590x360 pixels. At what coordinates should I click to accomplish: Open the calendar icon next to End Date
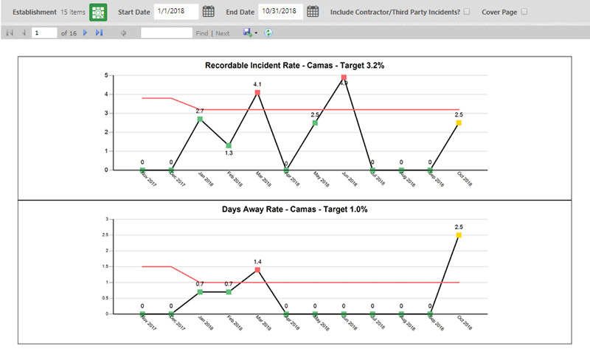[x=313, y=12]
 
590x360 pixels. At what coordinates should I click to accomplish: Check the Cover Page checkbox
[x=524, y=12]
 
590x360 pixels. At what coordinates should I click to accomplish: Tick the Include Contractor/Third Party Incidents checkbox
[x=466, y=12]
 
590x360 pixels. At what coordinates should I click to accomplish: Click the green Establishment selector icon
[x=98, y=12]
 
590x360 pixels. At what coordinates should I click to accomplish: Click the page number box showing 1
[x=44, y=33]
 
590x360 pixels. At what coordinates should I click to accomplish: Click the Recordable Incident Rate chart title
[x=294, y=66]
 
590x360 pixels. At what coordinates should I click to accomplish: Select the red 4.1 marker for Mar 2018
[x=257, y=92]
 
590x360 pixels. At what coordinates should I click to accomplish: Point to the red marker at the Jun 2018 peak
[x=344, y=77]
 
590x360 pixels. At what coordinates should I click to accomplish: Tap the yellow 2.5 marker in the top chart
[x=459, y=123]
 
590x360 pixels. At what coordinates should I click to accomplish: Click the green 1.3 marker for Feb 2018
[x=229, y=145]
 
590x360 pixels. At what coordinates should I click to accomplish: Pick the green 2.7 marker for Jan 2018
[x=200, y=119]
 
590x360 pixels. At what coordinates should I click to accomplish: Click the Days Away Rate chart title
[x=294, y=210]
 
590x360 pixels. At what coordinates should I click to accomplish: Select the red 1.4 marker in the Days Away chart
[x=257, y=270]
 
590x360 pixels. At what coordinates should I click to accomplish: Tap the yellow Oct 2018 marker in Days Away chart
[x=459, y=235]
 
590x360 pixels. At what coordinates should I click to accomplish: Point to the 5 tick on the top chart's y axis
[x=108, y=75]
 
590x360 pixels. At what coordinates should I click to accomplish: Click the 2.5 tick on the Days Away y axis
[x=107, y=235]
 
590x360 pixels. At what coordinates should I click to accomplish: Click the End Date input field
[x=280, y=12]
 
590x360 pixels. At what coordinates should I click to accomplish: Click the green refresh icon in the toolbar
[x=268, y=33]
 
